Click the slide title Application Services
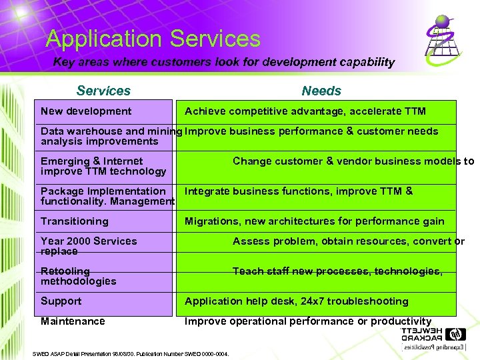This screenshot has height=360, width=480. click(x=153, y=39)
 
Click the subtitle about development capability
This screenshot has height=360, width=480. click(x=224, y=62)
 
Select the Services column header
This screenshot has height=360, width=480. click(x=103, y=91)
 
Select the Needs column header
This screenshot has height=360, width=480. click(x=321, y=91)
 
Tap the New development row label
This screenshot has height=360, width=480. click(x=86, y=111)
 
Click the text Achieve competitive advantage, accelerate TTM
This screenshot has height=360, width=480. click(x=305, y=111)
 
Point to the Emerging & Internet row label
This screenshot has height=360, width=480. click(x=91, y=161)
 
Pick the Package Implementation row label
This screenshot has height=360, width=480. click(x=103, y=191)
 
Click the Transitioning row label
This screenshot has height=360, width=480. click(x=74, y=221)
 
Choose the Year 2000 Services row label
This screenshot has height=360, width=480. click(x=89, y=241)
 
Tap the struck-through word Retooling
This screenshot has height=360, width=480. click(x=65, y=271)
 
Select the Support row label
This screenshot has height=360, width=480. click(x=61, y=301)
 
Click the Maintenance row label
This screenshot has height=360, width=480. click(x=73, y=321)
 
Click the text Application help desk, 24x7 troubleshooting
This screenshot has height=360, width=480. click(x=296, y=301)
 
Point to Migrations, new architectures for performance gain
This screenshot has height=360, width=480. click(x=314, y=221)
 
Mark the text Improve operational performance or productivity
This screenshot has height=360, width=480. click(x=307, y=321)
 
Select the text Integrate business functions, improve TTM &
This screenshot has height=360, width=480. click(x=298, y=191)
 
